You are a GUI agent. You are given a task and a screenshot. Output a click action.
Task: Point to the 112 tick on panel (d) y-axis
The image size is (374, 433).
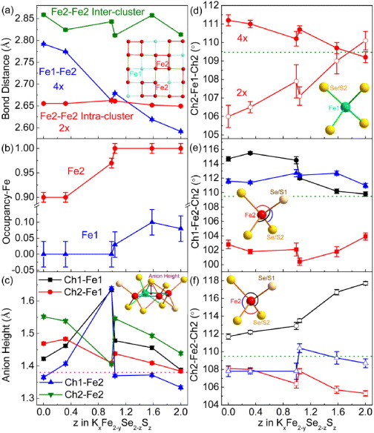[215, 6]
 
